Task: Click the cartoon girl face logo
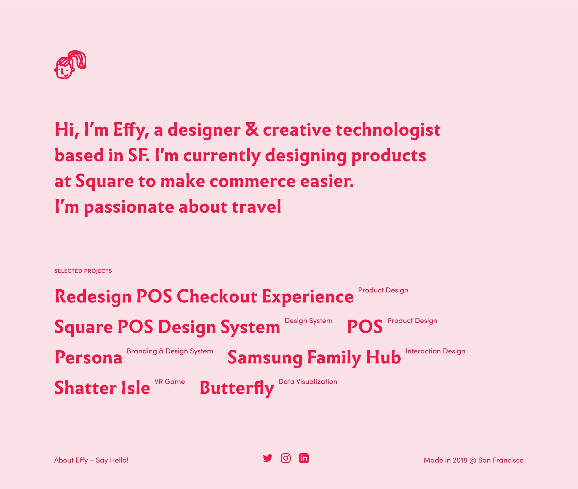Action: (70, 65)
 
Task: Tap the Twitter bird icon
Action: (268, 458)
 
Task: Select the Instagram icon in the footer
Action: (286, 458)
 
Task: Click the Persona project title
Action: (89, 357)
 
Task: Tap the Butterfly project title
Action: (237, 388)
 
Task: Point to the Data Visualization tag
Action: (308, 382)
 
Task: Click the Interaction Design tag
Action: (435, 351)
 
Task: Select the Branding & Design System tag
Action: (170, 351)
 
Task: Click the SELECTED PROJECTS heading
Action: (83, 271)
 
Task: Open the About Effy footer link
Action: (71, 460)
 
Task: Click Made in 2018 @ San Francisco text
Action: (473, 460)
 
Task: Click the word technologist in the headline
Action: (388, 130)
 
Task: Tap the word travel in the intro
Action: (256, 207)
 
